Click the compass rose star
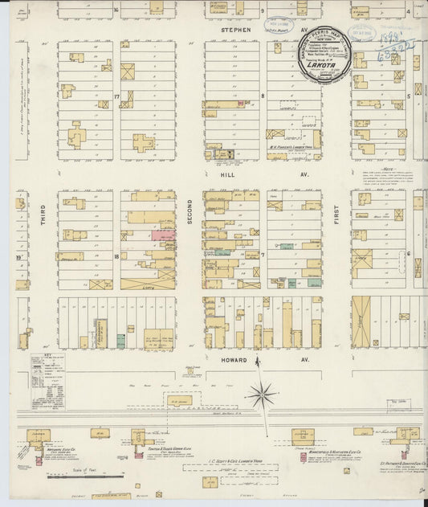tap(262, 395)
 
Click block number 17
tap(116, 97)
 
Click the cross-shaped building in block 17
tap(143, 143)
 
